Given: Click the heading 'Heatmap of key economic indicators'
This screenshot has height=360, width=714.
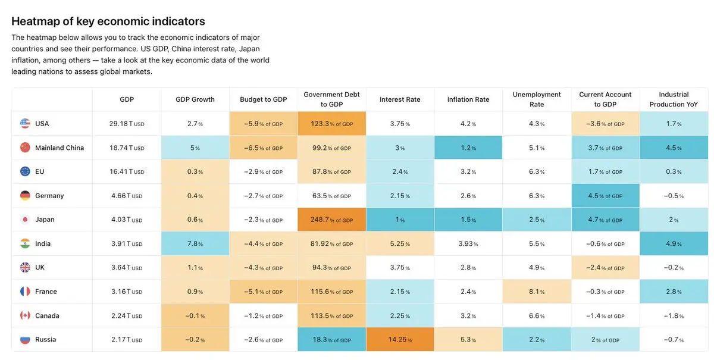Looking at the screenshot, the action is point(108,21).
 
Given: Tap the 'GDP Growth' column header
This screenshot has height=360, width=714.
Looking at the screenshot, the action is point(195,99).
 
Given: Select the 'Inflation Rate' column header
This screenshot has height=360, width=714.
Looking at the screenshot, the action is point(468,99).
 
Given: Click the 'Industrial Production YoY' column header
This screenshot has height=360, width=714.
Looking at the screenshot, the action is point(674,99).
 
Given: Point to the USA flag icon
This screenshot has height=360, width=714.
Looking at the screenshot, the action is point(25,123).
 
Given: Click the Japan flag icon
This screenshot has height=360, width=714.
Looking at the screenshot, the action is point(25,220).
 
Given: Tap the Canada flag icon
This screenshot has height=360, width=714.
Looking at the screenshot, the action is point(25,315).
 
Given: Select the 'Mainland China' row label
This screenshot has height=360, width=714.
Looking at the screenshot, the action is point(59,148).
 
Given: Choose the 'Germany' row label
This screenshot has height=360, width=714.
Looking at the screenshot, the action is point(49,195).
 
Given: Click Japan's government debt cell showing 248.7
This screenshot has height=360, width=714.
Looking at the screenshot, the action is point(331,220).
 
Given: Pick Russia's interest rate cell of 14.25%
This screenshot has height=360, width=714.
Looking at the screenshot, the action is point(400,339).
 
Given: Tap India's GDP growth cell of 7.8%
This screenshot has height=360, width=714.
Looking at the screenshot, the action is point(195,243).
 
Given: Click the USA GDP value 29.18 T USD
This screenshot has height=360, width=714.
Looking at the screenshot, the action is point(127,123).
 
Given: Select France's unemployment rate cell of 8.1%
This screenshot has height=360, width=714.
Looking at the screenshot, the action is point(537,292).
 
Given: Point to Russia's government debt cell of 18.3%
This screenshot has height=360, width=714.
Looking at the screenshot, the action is point(331,339).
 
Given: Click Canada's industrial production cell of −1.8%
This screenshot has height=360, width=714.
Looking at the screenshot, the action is point(674,315).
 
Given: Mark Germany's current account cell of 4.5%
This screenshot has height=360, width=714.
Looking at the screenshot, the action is point(605,195).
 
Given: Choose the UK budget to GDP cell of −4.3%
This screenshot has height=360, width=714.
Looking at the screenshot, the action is point(263,268).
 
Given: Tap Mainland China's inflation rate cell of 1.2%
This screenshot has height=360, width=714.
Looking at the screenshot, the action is point(468,148).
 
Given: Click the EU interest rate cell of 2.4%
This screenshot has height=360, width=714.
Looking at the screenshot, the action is point(400,171).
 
